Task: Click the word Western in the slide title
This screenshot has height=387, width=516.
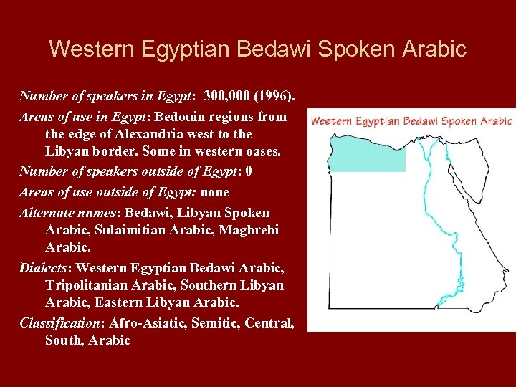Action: (90, 49)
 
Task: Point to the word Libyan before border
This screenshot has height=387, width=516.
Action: (70, 153)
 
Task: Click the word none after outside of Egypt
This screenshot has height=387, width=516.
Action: (215, 192)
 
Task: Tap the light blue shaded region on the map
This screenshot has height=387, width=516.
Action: (365, 154)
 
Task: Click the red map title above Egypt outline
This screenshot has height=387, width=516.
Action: (411, 120)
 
